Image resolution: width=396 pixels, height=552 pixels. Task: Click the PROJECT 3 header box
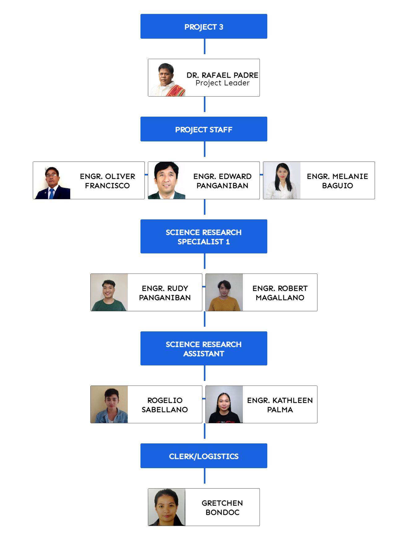(x=204, y=27)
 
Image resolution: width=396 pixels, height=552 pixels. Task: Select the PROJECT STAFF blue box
(x=204, y=129)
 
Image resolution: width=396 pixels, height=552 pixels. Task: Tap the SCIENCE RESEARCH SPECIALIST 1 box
(x=204, y=237)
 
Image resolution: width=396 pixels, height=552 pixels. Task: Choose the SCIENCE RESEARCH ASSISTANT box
(x=204, y=349)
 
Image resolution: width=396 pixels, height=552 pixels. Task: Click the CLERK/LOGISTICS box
(x=204, y=456)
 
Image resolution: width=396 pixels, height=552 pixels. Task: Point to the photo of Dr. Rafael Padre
(x=167, y=78)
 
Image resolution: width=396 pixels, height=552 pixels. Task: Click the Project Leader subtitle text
(x=222, y=83)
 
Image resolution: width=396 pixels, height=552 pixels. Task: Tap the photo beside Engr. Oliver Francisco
(x=52, y=181)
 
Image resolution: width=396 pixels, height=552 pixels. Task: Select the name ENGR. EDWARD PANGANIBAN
(x=222, y=181)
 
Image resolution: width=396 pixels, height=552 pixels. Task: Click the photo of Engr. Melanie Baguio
(x=282, y=181)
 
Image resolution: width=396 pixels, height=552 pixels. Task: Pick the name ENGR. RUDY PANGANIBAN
(x=165, y=293)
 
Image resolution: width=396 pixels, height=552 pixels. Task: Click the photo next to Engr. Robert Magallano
(x=224, y=293)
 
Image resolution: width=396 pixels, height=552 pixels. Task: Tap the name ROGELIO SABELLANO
(x=165, y=405)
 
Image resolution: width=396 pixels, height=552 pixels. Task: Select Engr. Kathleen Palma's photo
(x=224, y=405)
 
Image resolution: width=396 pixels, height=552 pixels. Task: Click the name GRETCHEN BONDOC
(x=222, y=507)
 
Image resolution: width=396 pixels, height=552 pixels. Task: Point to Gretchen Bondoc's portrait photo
(x=167, y=507)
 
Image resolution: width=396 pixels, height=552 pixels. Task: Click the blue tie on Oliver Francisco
(x=52, y=193)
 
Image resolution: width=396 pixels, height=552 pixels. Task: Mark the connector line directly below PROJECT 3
(x=204, y=46)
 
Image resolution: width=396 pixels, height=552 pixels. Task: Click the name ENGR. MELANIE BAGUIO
(x=337, y=181)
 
